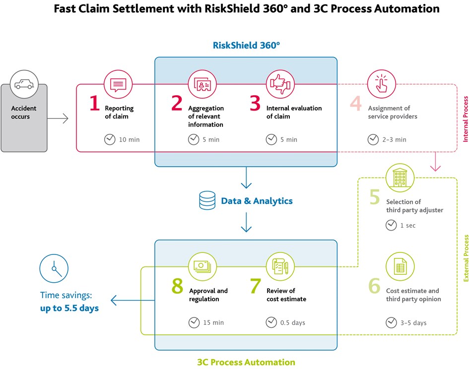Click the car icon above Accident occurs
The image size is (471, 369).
coord(24,84)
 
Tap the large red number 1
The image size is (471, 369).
coord(95,103)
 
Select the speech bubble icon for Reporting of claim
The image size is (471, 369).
coord(118,84)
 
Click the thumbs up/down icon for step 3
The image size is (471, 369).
coord(280,84)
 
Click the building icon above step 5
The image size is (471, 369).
coord(400,178)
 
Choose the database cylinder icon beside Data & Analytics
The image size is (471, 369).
coord(207,200)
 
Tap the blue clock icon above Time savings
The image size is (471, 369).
coord(54,268)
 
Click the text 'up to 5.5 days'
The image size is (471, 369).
coord(69,308)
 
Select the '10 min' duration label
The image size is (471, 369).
coord(129,139)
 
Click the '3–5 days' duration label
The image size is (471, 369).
coord(413,323)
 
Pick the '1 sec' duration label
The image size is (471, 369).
coord(408,226)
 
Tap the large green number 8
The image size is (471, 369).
coord(177,286)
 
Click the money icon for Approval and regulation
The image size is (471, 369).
coord(202,267)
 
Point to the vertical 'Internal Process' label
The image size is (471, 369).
coord(466,119)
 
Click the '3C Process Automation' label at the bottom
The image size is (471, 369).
coord(246,362)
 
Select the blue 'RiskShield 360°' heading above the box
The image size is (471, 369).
coord(246,45)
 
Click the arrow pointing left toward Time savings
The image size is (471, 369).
coord(133,300)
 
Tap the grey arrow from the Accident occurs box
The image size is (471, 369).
coord(58,119)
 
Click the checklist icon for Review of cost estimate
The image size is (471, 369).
coord(280,267)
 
